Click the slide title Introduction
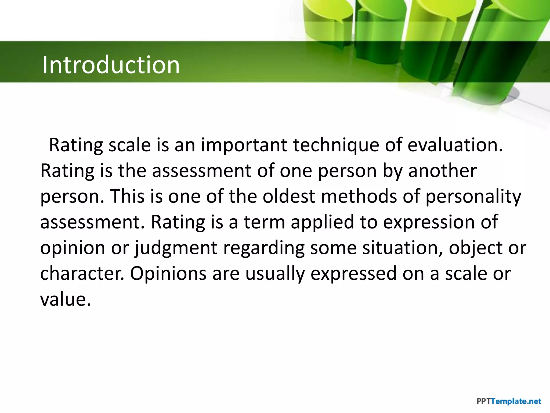111,65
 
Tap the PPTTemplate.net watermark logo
508,401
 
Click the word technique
336,145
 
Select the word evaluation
455,145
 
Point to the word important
244,145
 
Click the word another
442,171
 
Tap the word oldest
289,196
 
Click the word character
82,273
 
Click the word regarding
264,248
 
